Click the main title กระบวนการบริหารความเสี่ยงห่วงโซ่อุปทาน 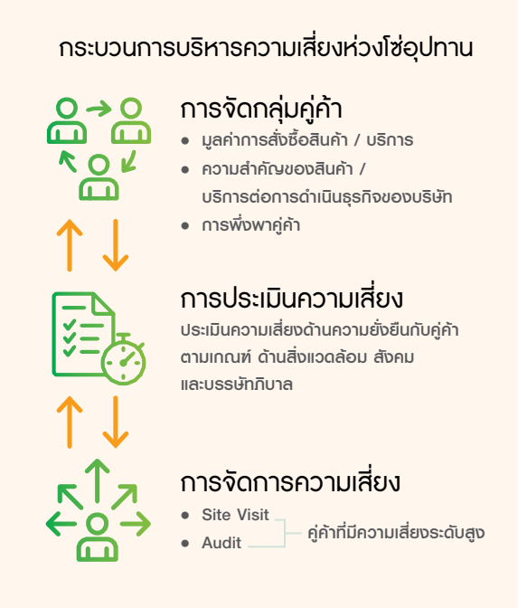(x=266, y=48)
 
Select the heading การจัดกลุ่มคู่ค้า (x=261, y=109)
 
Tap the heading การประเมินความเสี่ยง (x=292, y=298)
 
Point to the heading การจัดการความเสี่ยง (x=290, y=482)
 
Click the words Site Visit (x=235, y=515)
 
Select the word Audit (x=221, y=543)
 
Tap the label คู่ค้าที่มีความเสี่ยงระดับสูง (x=396, y=533)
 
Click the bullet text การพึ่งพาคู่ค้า (x=251, y=225)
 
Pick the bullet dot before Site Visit (x=185, y=516)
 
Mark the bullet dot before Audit (x=185, y=543)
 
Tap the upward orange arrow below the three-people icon (x=70, y=245)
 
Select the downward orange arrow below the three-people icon (x=116, y=245)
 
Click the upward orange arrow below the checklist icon (x=70, y=422)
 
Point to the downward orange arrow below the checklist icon (x=116, y=422)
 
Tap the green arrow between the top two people (x=99, y=109)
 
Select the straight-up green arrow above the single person (x=98, y=480)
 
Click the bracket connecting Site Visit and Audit (x=285, y=533)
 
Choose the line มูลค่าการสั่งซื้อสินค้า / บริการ (x=307, y=140)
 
